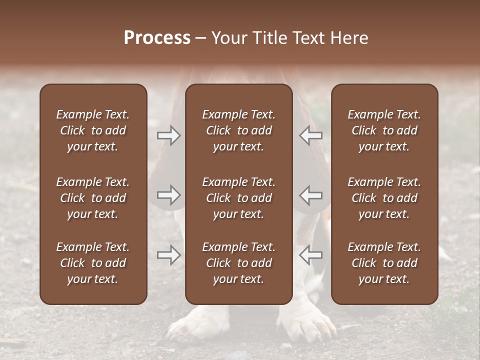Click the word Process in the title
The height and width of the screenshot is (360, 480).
(157, 38)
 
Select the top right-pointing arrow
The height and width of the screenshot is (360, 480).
(169, 135)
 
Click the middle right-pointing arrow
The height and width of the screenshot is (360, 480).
(169, 195)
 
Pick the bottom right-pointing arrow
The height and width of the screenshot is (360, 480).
(169, 255)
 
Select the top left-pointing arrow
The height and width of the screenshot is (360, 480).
(311, 135)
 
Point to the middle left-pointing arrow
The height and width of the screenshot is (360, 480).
(311, 195)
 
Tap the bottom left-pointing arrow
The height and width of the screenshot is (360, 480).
(311, 255)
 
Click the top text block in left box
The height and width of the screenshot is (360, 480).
(93, 130)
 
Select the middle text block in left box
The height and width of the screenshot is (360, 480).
(93, 198)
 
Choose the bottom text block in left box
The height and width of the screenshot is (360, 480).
(93, 263)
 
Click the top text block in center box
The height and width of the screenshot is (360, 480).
(238, 130)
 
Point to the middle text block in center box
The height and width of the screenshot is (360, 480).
(238, 198)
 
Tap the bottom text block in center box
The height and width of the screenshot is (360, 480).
(238, 263)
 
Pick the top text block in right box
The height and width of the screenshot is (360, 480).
(384, 130)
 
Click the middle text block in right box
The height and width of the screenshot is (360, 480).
(384, 198)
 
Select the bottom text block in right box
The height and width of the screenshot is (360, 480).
(384, 263)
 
